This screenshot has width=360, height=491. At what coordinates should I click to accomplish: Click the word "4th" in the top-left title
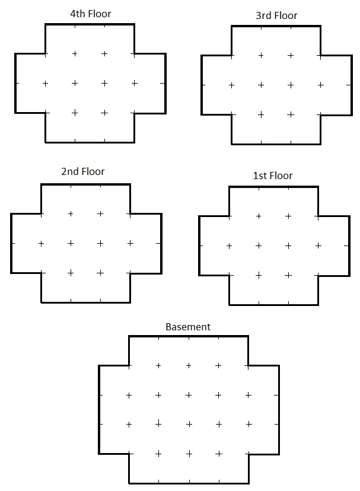pos(78,14)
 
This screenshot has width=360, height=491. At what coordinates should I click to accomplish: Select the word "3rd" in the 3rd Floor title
pos(263,15)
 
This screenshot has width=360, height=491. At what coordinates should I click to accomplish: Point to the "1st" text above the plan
pos(259,176)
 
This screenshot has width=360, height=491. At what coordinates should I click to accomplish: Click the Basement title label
pos(188,327)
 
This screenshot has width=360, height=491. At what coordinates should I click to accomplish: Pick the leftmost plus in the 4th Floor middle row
pos(45,84)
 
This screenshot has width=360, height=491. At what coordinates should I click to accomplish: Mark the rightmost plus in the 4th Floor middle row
pos(135,83)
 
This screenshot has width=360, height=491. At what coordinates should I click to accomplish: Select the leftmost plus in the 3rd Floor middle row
pos(231,85)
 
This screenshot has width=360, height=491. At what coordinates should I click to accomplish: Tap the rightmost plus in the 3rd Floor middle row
pos(320,85)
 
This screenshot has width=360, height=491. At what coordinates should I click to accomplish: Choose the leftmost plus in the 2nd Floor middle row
pos(41,244)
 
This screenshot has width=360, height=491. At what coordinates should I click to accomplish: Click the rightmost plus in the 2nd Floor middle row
pos(130,243)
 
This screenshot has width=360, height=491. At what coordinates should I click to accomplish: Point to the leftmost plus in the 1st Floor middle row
pos(229,246)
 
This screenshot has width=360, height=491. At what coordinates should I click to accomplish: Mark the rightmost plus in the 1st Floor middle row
pos(318,246)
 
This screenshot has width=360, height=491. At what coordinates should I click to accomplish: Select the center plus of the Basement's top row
pos(189,366)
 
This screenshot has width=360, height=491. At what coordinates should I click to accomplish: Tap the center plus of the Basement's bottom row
pos(189,454)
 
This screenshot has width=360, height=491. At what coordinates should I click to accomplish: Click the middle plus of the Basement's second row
pos(189,395)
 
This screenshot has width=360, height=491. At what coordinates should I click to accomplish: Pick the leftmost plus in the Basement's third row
pos(129,425)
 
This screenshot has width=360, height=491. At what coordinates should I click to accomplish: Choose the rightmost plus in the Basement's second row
pos(249,395)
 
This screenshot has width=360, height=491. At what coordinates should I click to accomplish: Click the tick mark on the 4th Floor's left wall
pos(17,83)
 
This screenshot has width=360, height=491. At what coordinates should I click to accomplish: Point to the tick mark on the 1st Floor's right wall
pos(346,246)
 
